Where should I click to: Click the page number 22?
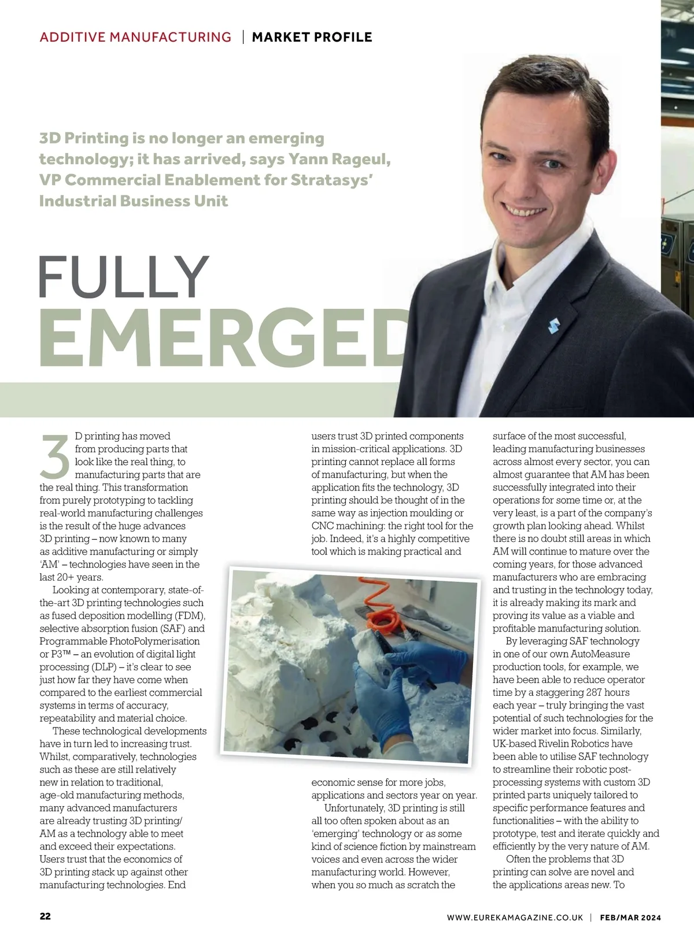pos(45,917)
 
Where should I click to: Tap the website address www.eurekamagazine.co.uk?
pos(515,917)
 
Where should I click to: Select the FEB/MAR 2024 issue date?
pos(630,917)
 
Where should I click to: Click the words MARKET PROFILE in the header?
pos(312,37)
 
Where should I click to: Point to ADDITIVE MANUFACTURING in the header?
pos(135,37)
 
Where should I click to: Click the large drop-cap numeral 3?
pos(56,456)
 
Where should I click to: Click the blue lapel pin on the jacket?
pos(553,326)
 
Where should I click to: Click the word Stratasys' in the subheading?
pos(331,180)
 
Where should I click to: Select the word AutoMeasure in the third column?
pos(600,654)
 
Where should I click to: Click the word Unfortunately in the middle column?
pos(356,808)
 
